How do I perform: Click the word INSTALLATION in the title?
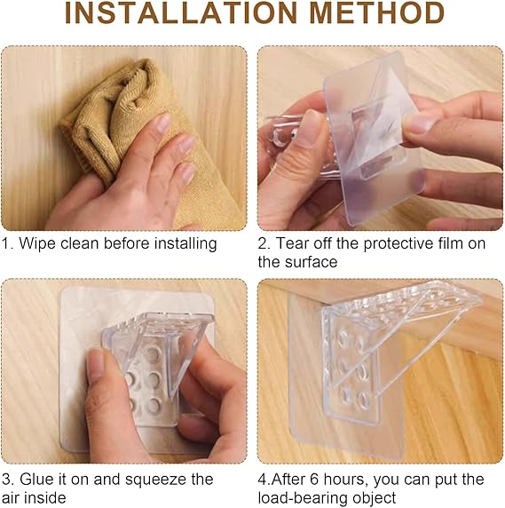pyautogui.click(x=181, y=13)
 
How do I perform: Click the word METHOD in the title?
pyautogui.click(x=377, y=13)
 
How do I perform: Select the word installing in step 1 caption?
pyautogui.click(x=185, y=244)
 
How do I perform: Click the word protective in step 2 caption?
pyautogui.click(x=398, y=244)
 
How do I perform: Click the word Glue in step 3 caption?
pyautogui.click(x=36, y=480)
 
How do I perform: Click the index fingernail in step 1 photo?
pyautogui.click(x=162, y=123)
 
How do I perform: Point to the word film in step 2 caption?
pyautogui.click(x=451, y=243)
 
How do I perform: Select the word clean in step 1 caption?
pyautogui.click(x=80, y=243)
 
